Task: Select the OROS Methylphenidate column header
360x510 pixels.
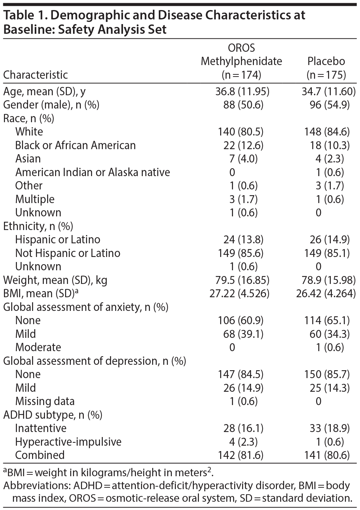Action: point(241,61)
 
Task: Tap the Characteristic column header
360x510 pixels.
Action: point(36,75)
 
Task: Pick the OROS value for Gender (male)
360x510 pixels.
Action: point(241,105)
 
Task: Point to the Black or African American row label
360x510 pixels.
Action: point(76,145)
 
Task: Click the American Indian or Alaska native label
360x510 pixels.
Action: point(92,172)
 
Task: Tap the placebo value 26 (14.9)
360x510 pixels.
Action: point(329,240)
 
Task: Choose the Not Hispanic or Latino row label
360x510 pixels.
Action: point(68,253)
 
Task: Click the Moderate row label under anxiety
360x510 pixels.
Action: point(38,348)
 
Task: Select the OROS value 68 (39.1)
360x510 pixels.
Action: point(243,334)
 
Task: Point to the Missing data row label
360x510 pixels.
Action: point(45,401)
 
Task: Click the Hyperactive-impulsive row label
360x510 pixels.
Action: point(68,442)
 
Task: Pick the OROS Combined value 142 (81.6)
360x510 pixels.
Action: point(241,455)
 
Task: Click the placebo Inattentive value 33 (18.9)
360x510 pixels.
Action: point(329,428)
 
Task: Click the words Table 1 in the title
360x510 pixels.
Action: point(24,15)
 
